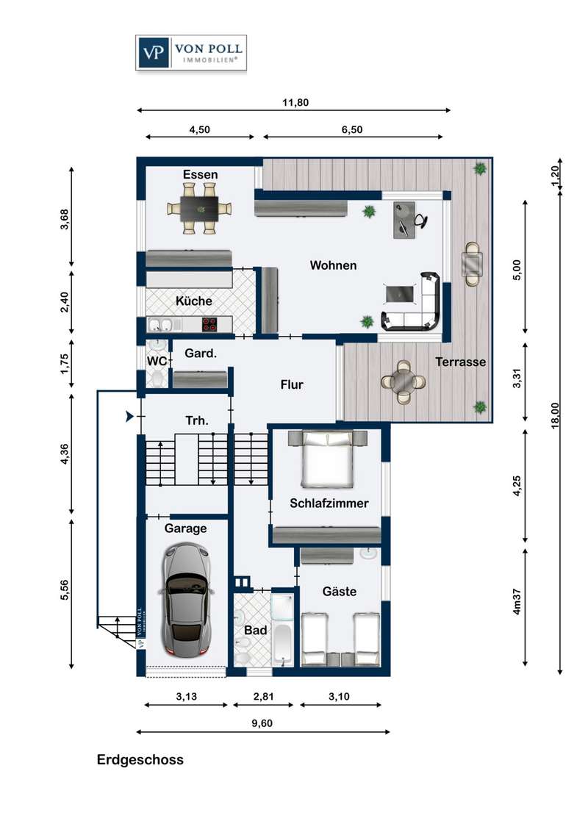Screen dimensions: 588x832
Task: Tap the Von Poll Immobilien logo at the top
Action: click(191, 52)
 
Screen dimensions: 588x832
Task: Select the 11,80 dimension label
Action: click(295, 102)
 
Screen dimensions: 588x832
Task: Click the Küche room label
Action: click(194, 301)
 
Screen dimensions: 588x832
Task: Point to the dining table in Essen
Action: click(199, 209)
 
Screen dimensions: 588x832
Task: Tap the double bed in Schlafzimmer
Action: click(327, 459)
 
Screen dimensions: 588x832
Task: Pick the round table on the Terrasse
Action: click(404, 381)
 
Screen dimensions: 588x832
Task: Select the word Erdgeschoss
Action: click(140, 760)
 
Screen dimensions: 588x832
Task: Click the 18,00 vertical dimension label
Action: click(555, 415)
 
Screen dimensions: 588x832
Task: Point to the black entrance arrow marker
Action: click(129, 417)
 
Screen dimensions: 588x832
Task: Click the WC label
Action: click(157, 362)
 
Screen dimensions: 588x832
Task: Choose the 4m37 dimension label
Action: click(517, 602)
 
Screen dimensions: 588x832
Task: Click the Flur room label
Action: click(292, 384)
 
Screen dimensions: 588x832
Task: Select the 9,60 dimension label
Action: click(262, 723)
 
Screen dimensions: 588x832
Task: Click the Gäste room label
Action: click(340, 591)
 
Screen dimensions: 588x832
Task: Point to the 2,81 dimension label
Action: click(263, 697)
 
